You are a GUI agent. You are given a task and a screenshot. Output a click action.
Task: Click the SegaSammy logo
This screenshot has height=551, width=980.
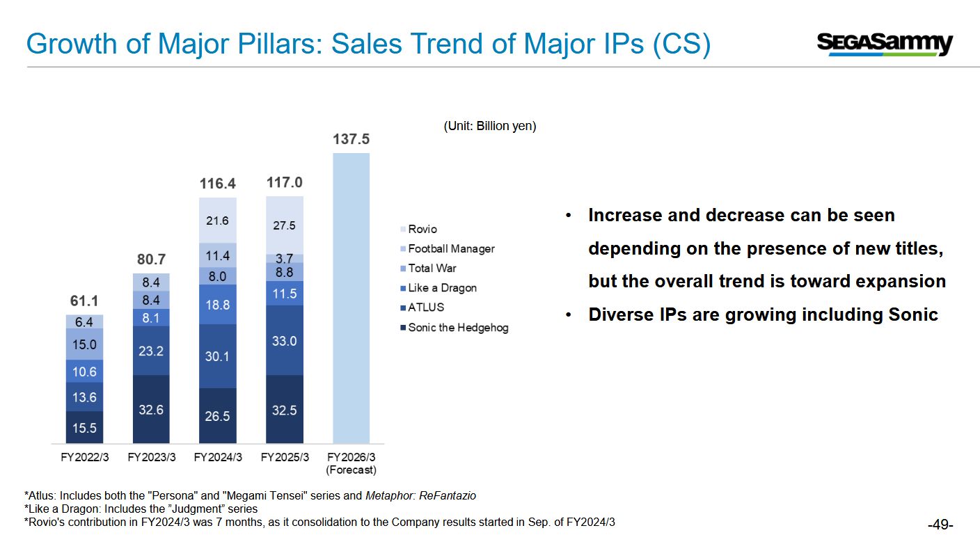tap(884, 44)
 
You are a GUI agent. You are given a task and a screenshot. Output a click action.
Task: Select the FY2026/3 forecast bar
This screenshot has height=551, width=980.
tap(351, 298)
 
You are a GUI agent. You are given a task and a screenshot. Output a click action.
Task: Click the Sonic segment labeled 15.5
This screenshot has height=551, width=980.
tap(84, 427)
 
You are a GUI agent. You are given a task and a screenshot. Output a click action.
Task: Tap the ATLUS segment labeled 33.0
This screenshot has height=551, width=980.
tap(284, 340)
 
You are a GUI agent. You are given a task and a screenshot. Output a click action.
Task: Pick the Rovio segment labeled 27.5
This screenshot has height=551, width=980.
tap(284, 225)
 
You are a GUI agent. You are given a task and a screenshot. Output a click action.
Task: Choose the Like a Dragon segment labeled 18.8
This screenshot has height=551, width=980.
tap(217, 304)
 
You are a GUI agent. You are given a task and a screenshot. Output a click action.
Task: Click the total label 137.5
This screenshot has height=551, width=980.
tap(351, 139)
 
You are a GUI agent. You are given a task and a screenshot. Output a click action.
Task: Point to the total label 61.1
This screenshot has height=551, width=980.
tap(84, 301)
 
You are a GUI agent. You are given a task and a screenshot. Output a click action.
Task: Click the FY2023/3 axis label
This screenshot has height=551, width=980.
tap(151, 457)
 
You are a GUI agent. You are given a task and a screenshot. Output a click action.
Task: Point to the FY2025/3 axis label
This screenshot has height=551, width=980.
tap(284, 457)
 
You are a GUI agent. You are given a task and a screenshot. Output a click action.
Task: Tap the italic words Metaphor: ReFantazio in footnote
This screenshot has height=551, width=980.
tap(420, 496)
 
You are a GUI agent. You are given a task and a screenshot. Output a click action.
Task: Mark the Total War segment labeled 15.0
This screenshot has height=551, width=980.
tap(84, 344)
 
